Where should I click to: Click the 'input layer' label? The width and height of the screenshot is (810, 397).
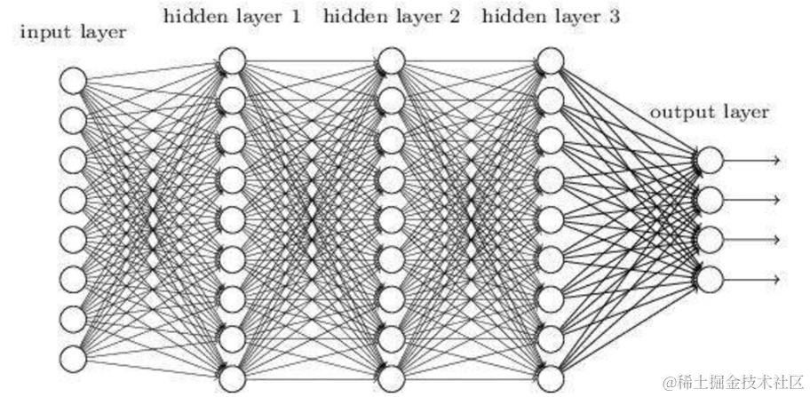coord(72,33)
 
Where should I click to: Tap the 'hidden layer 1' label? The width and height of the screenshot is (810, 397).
coord(232,16)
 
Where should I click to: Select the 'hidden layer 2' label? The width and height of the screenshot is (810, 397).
coord(392,16)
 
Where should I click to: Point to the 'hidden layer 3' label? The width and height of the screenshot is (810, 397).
coord(552,16)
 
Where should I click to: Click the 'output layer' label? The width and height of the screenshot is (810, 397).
coord(710,113)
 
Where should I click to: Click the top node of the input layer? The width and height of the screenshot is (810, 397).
coord(73,80)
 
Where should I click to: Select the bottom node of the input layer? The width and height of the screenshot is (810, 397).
coord(73,357)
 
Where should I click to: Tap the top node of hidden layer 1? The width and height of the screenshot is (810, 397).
coord(232,61)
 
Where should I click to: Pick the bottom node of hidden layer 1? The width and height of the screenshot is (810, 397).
coord(232,377)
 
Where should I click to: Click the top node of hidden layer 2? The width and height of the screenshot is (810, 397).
coord(392,61)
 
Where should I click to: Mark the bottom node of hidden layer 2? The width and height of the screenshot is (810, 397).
coord(392,377)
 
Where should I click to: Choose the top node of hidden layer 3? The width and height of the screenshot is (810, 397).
coord(551,61)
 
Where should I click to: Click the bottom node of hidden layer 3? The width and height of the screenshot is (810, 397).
coord(551,377)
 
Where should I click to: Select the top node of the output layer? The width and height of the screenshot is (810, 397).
coord(710,160)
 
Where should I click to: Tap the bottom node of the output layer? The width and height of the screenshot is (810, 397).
coord(710,279)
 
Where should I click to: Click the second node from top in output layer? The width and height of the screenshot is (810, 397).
coord(710,199)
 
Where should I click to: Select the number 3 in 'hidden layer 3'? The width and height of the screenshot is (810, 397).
coord(615,16)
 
